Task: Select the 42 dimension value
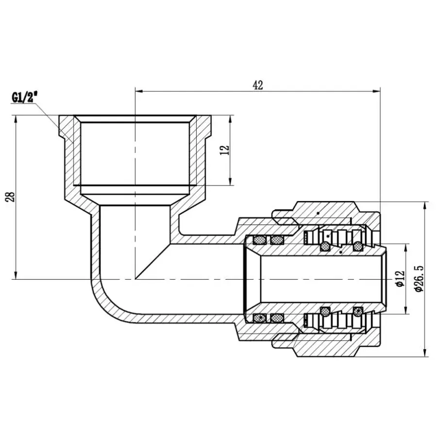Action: tap(257, 85)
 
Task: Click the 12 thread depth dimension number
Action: tap(224, 151)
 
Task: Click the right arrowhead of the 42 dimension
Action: tap(376, 91)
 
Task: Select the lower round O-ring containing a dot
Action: tap(358, 311)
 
